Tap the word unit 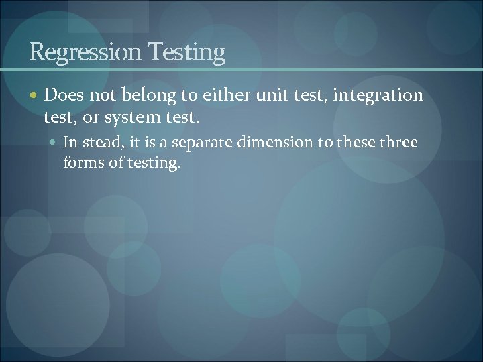[264, 96]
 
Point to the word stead [98, 142]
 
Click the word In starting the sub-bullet [70, 142]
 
